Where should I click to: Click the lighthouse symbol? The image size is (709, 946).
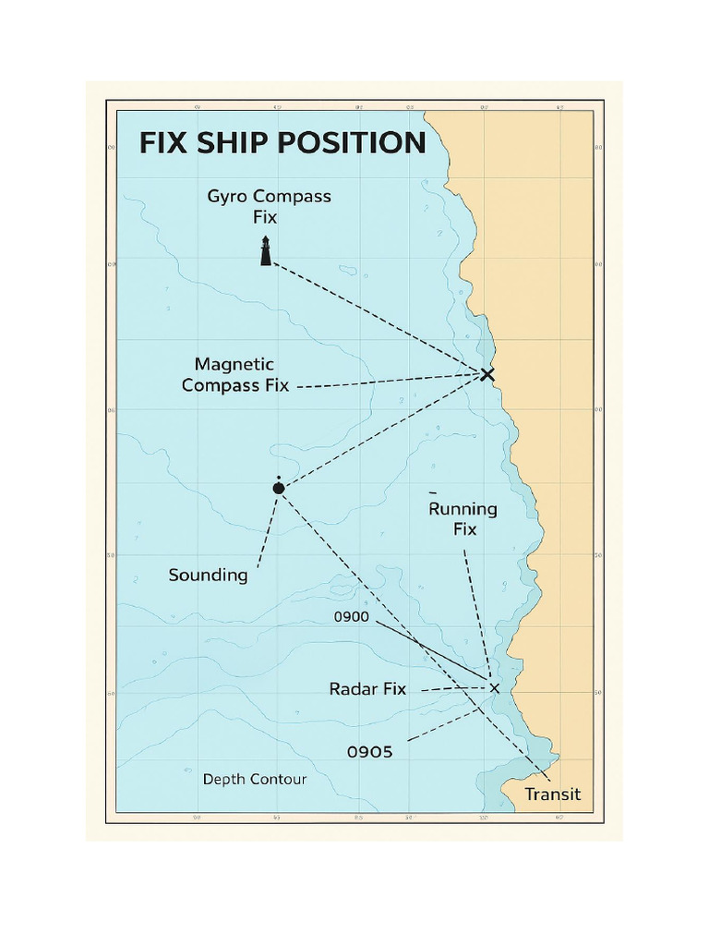point(266,251)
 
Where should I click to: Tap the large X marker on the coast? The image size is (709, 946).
point(487,374)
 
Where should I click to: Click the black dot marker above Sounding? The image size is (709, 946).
point(279,487)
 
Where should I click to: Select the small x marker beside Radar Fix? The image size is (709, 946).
point(494,687)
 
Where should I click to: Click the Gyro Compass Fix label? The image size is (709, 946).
point(269,207)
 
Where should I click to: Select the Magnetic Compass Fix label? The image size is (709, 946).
point(235,375)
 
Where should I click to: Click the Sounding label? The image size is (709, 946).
point(208,576)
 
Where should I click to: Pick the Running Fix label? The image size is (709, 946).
point(464,519)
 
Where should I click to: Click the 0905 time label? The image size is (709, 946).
point(369,752)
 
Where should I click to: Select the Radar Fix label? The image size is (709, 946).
point(367,689)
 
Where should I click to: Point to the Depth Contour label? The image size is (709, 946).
point(255,780)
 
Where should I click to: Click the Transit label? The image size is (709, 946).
point(553,794)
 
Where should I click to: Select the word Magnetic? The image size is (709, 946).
point(234,365)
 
